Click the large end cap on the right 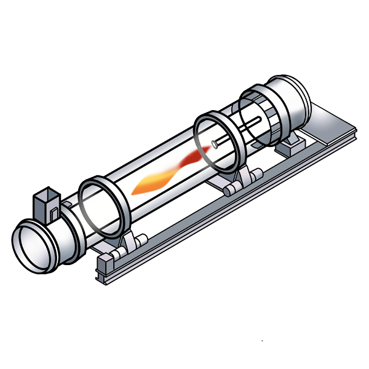coord(289,105)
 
